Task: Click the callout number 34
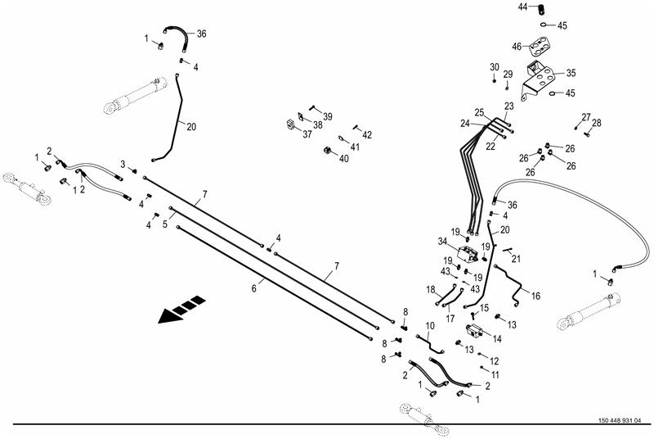pos(442,242)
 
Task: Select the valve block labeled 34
pos(468,254)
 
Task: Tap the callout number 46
pos(517,47)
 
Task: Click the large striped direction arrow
pos(181,310)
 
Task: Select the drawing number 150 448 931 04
pos(620,421)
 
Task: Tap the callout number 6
pos(253,288)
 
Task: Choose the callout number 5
pos(165,224)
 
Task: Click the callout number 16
pos(535,296)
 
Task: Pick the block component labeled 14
pos(474,330)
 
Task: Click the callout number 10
pos(430,325)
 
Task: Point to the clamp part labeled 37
pos(292,124)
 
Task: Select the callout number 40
pos(343,158)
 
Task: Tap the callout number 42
pos(367,134)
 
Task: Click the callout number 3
pos(123,164)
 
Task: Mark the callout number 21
pos(516,259)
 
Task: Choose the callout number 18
pos(431,289)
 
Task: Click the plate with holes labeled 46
pos(540,47)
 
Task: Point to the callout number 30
pos(495,67)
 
